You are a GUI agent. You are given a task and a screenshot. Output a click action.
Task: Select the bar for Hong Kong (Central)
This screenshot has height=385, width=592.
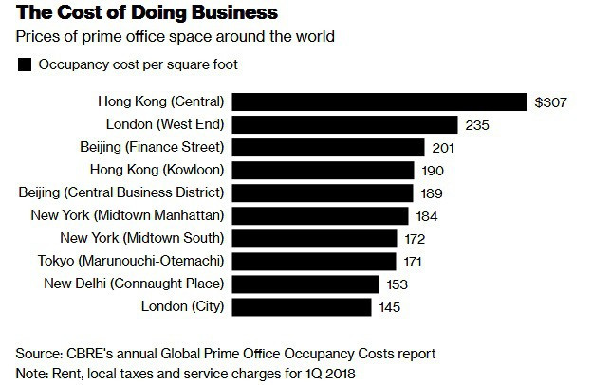[379, 101]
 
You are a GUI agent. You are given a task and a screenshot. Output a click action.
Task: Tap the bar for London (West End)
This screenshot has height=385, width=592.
[345, 124]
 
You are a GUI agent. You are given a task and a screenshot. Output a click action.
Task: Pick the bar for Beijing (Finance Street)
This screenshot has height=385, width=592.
[328, 147]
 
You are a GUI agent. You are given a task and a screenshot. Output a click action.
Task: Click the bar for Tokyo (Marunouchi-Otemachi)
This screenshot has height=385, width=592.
[314, 261]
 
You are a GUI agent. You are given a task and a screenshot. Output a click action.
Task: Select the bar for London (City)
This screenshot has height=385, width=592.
[302, 306]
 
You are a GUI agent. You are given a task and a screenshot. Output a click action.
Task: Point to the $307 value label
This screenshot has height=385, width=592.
[551, 101]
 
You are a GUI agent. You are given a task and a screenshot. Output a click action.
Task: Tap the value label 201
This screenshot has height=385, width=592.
[443, 147]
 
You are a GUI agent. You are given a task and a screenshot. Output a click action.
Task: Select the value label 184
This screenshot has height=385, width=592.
[427, 215]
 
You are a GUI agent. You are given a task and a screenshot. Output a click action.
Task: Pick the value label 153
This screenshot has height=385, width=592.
[398, 284]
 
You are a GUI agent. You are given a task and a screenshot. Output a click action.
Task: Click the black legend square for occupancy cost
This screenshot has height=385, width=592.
[22, 65]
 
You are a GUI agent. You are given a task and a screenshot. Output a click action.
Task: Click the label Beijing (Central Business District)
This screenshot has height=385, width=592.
[120, 192]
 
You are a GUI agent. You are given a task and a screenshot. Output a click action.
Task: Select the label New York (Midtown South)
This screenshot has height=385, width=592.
[141, 238]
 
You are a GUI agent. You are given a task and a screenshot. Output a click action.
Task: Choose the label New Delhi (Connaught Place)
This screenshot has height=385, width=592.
[134, 284]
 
